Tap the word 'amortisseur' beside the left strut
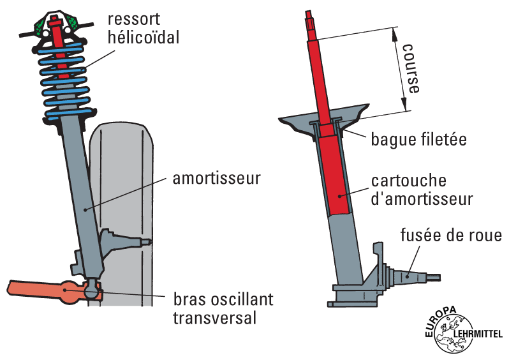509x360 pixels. tap(217, 178)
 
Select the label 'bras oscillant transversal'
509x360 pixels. tap(223, 308)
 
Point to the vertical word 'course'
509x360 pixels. tap(412, 70)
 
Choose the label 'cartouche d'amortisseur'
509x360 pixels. tap(422, 190)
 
